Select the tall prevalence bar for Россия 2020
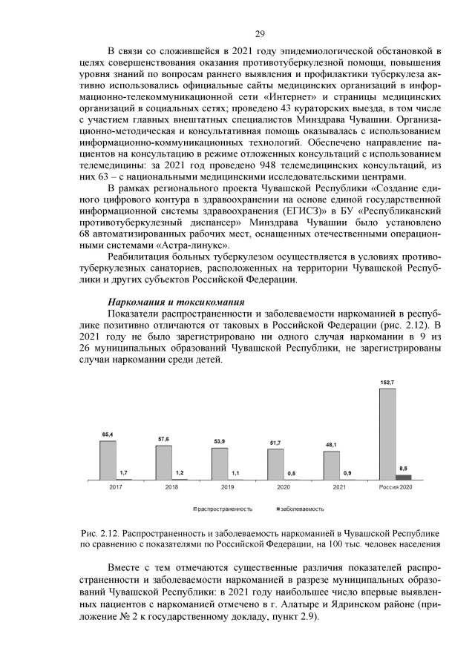(x=387, y=434)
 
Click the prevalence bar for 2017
(x=108, y=460)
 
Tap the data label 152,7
(x=387, y=382)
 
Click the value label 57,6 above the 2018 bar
(x=163, y=439)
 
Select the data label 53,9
(x=220, y=441)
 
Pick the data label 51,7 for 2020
(x=275, y=443)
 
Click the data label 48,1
(x=331, y=445)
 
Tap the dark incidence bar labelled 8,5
(x=403, y=477)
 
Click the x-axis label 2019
(x=228, y=487)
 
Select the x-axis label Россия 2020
(x=395, y=487)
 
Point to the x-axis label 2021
(x=339, y=487)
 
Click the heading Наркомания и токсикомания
(x=176, y=302)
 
